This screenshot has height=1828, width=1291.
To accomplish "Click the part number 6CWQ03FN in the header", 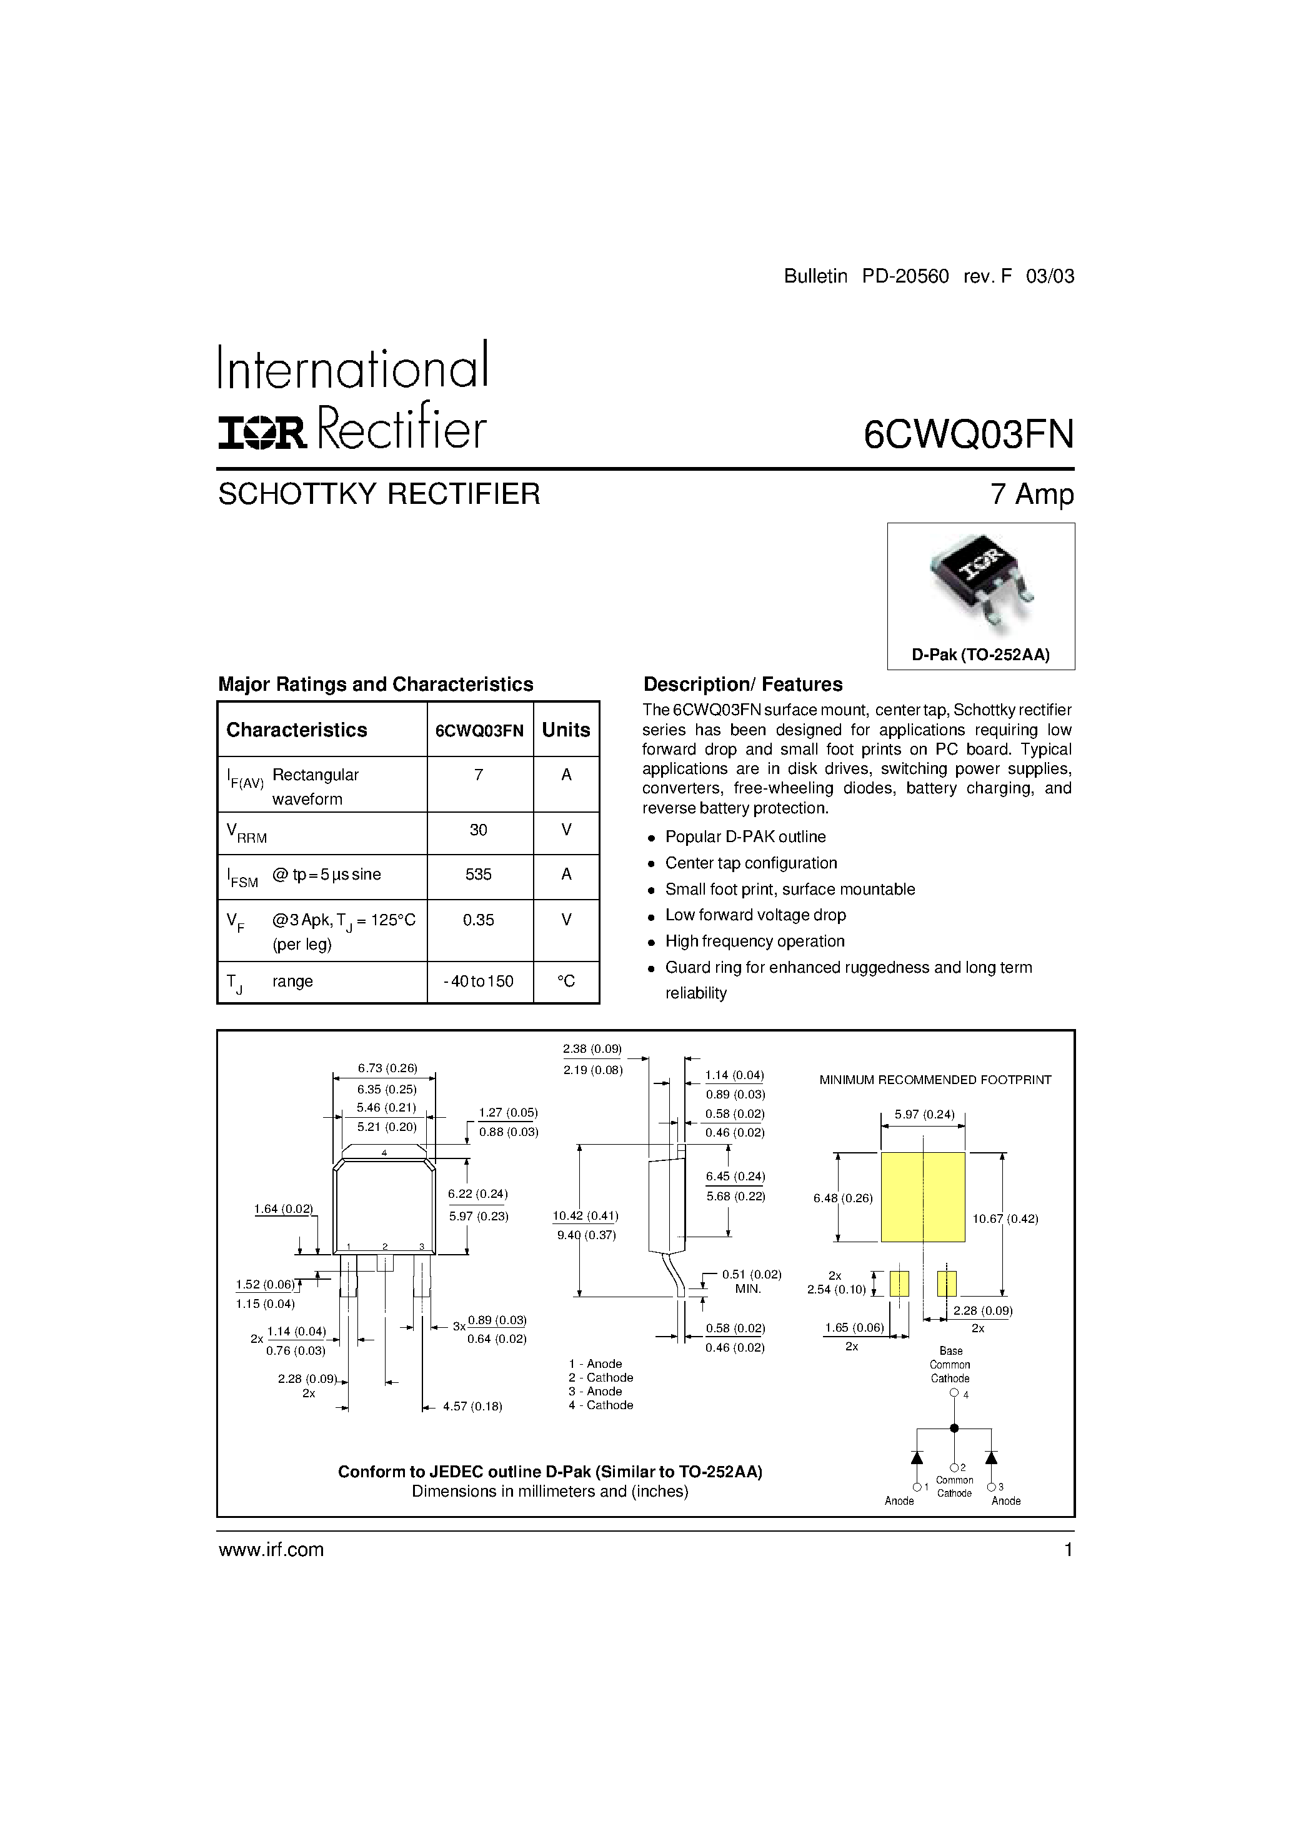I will pos(969,434).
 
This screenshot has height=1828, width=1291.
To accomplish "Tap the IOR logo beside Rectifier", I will pos(262,433).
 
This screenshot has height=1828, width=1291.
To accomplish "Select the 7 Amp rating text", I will pos(1032,495).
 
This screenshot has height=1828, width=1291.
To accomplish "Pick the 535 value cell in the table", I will pos(479,874).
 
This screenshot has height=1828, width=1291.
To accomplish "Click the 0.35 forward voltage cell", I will pos(479,920).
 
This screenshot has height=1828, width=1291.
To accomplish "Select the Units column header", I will pos(566,730).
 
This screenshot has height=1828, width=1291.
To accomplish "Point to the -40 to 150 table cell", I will pos(479,982).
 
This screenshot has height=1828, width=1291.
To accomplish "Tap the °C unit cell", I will pos(566,982).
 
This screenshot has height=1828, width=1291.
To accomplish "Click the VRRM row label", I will pos(247,833).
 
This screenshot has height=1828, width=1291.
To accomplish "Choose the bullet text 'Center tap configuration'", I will pos(751,863).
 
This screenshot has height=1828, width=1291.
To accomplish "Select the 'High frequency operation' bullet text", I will pos(755,941).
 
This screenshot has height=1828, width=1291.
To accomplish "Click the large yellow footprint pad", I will pos(922,1197).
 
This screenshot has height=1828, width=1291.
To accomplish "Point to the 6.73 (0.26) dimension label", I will pos(387,1068).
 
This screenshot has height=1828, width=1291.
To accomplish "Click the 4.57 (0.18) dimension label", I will pos(473,1407).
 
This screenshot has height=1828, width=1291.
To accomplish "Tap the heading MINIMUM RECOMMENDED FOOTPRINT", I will pos(935,1080).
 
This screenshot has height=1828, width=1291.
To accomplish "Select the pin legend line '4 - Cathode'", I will pos(601,1405).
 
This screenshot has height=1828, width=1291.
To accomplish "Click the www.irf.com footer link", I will pos(271,1549).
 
